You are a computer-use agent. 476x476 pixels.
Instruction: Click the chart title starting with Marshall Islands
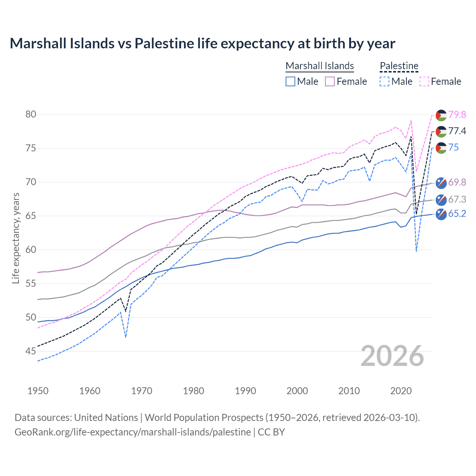coord(202,44)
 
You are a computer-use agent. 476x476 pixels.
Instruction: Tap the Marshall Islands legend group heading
coord(319,66)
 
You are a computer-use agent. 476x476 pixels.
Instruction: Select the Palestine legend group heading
coord(399,66)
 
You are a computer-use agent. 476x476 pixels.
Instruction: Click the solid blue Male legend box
coord(290,81)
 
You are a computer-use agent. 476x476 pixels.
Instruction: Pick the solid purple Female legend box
coord(330,81)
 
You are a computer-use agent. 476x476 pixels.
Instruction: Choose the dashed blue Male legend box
coord(385,81)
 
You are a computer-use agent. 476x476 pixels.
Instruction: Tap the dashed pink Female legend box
coord(424,81)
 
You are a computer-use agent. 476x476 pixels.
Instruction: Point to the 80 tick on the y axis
coord(31,114)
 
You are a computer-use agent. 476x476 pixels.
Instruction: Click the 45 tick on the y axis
coord(31,351)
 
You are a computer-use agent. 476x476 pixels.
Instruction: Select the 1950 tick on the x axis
coord(38,391)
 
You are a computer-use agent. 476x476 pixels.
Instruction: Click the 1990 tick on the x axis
coord(245,391)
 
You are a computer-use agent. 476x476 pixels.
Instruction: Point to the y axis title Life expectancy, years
coord(16,238)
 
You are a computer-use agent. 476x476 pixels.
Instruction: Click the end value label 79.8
coord(457,115)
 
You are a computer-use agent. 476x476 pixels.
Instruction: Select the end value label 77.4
coord(457,131)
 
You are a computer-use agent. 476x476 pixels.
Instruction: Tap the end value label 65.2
coord(457,213)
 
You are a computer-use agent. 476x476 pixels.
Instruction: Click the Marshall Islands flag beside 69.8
coord(441,183)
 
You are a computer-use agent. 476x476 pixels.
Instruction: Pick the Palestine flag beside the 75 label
coord(441,148)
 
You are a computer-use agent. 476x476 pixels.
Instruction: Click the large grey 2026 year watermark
coord(392,356)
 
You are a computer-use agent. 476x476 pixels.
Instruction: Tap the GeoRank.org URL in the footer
coord(132,432)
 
